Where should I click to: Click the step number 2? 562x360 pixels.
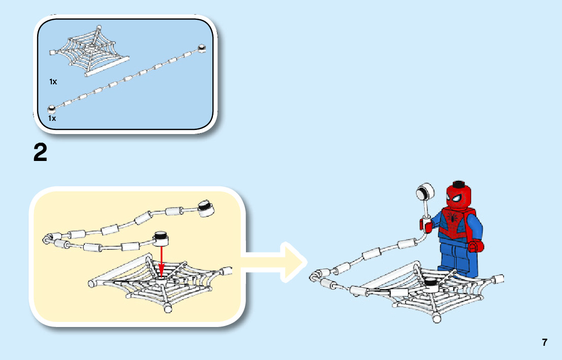coord(41,153)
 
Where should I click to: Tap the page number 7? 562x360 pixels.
coord(544,342)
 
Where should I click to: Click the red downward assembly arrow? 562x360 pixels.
coord(161,261)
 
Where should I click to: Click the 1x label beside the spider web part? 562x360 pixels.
coord(53,81)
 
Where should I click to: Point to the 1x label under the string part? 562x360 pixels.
coord(52,118)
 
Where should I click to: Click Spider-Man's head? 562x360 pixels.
coord(459,196)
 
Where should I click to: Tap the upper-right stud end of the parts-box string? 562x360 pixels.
coord(202,49)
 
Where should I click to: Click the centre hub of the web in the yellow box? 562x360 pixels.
coord(161,278)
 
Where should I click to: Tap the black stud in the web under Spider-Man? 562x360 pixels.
coord(430,283)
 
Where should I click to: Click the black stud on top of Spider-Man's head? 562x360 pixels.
coord(459,184)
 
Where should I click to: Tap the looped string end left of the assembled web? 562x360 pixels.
coord(317,276)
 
